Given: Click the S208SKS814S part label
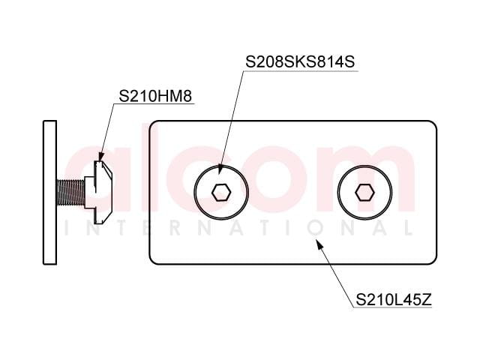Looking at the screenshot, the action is tap(300, 61).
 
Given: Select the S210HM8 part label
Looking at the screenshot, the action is tap(155, 96).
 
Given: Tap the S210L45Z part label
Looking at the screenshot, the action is tap(394, 300).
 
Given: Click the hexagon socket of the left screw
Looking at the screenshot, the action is tap(221, 193).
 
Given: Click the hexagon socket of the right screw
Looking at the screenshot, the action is tap(364, 193).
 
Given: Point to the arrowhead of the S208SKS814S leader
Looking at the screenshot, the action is tap(220, 169).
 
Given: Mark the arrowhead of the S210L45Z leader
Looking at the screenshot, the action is tap(319, 245).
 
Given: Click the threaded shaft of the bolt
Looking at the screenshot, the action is tap(70, 192).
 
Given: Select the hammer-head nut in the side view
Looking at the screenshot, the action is tap(98, 192).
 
